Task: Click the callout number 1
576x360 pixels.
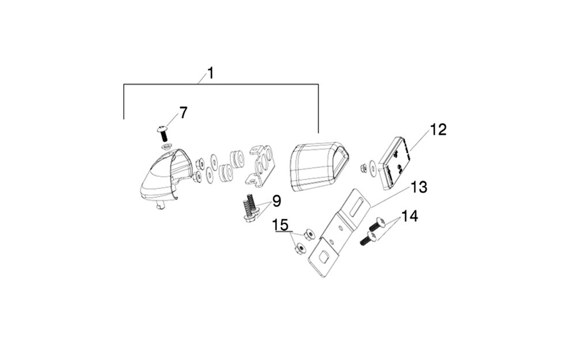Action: coord(210,74)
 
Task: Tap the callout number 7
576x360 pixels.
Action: coord(183,112)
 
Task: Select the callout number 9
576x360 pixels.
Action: coord(276,201)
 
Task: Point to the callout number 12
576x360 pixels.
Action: coord(438,130)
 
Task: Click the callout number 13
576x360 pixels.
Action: coord(419,187)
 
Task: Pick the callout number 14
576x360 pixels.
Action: coord(410,216)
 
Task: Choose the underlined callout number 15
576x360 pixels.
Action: coord(281,225)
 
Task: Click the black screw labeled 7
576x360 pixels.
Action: coord(163,134)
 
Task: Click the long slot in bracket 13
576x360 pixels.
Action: coord(358,207)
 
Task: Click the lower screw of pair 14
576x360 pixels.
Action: coord(367,239)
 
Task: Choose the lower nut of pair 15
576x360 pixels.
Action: coord(300,249)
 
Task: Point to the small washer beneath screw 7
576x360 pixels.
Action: coord(166,147)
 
